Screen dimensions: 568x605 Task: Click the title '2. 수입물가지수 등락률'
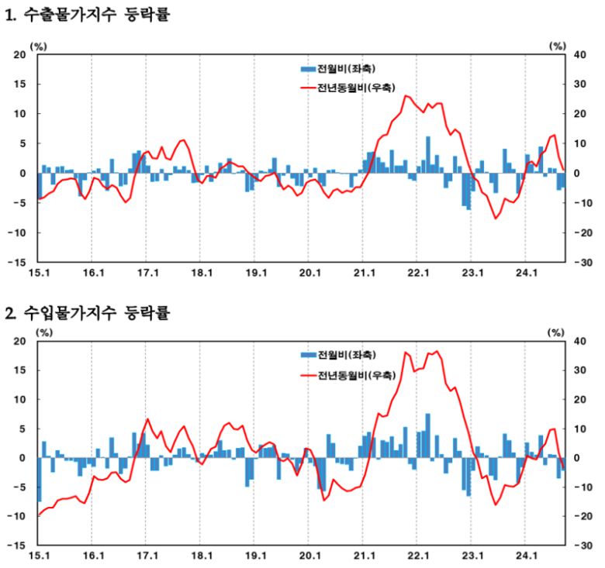[x=86, y=313]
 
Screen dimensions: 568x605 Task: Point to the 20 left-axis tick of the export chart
[x=20, y=54]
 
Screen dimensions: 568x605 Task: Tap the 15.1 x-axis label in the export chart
[x=39, y=274]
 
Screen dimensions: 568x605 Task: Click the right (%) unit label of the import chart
[x=557, y=332]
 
